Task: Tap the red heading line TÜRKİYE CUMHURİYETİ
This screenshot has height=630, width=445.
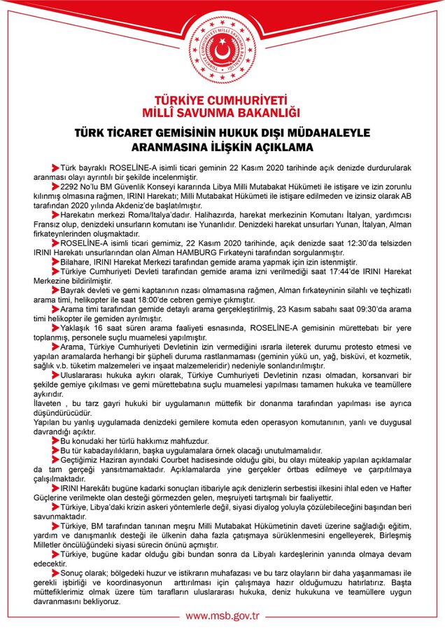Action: tap(222, 100)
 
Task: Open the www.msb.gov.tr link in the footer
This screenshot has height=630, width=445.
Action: tap(222, 616)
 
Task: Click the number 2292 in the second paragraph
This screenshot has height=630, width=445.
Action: tap(73, 188)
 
